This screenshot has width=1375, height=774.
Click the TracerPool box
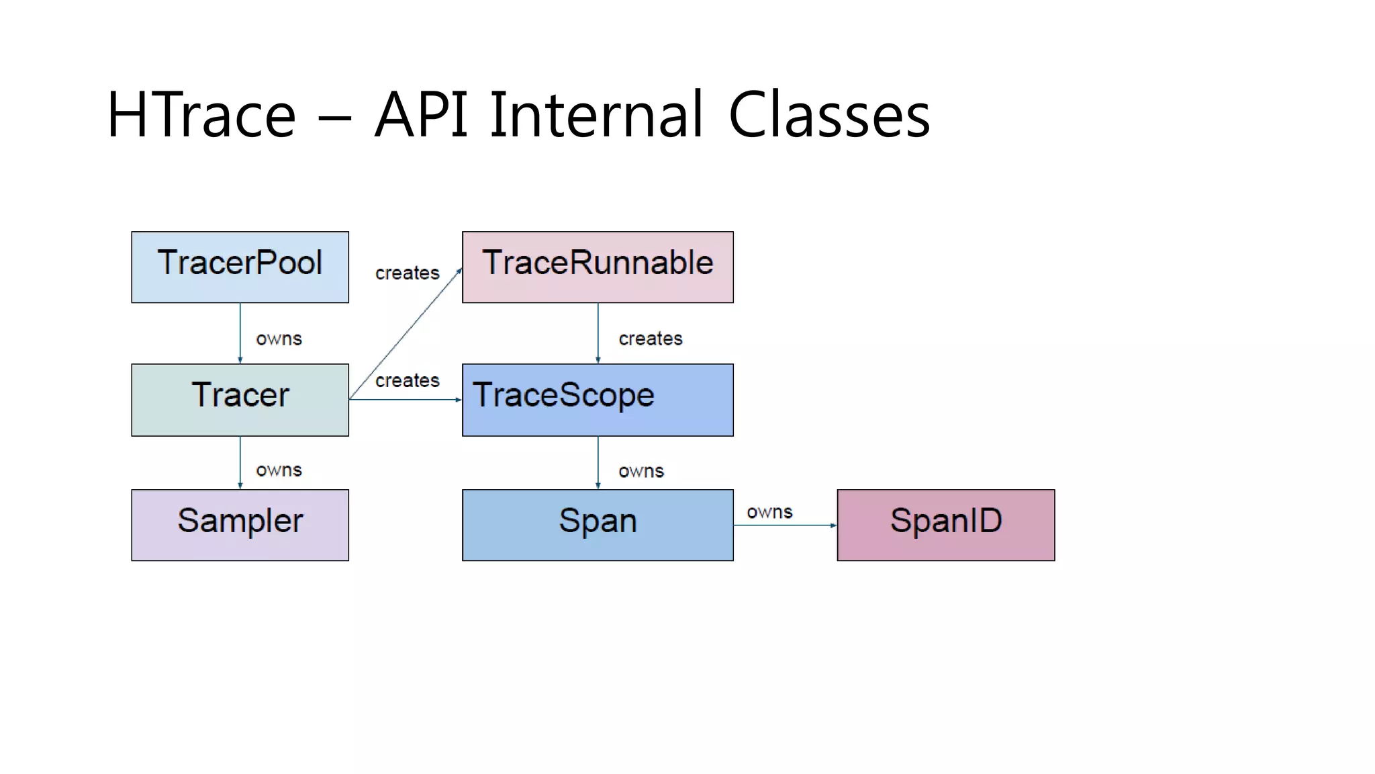(x=240, y=267)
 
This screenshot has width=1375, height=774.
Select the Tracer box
(x=240, y=400)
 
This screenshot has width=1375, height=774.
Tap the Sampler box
(x=240, y=525)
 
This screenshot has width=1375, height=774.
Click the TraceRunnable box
(x=598, y=267)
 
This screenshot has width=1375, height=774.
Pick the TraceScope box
(x=598, y=400)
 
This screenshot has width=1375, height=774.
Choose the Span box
(x=598, y=525)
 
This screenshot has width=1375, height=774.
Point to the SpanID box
(x=945, y=525)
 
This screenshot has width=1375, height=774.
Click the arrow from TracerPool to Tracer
(x=240, y=333)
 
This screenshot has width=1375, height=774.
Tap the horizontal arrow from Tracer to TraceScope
(x=405, y=400)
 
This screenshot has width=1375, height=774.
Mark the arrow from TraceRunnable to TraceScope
(x=598, y=333)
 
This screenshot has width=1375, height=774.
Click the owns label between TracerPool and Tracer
(x=279, y=339)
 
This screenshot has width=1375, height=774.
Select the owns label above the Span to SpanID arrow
(x=769, y=512)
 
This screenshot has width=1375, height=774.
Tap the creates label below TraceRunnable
(x=650, y=339)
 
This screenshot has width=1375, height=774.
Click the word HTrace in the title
(x=201, y=115)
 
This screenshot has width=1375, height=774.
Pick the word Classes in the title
(x=828, y=115)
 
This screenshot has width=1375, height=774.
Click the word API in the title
(x=421, y=115)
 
